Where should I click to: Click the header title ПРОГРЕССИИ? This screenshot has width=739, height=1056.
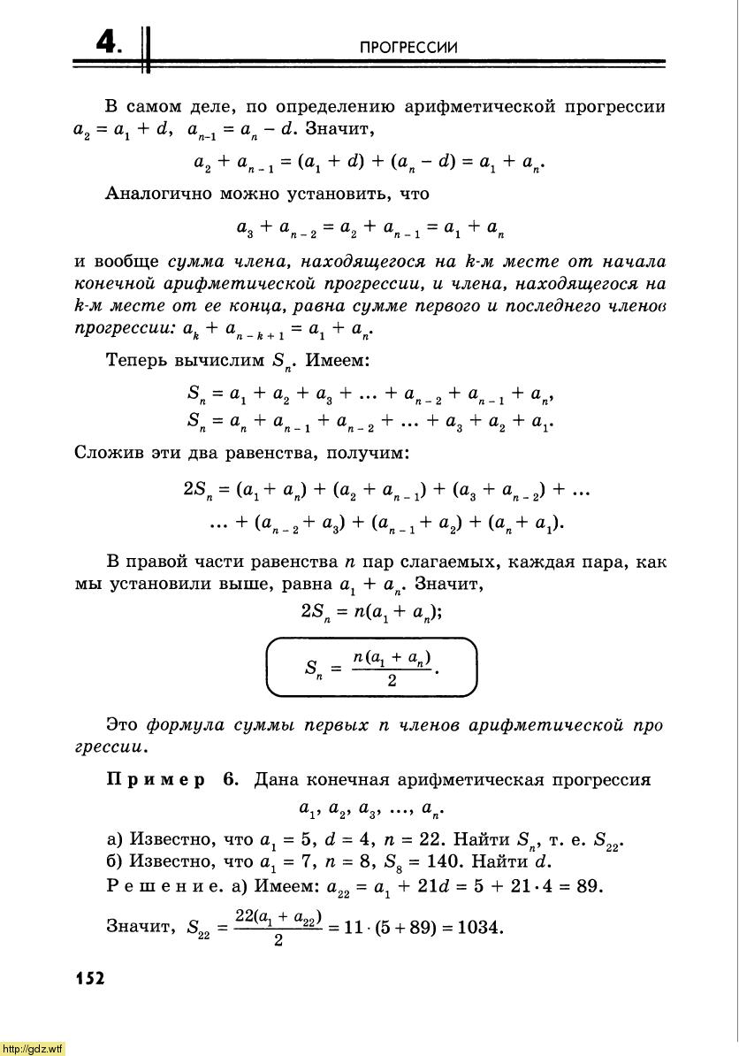(409, 47)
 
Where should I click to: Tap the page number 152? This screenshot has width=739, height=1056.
(90, 977)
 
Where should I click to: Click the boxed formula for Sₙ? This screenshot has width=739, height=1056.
(371, 668)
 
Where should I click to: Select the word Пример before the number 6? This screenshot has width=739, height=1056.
(156, 780)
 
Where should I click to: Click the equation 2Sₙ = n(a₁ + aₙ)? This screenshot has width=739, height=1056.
(371, 610)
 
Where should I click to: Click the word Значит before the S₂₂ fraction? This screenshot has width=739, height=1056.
(137, 928)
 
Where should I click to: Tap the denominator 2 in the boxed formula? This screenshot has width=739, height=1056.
(392, 682)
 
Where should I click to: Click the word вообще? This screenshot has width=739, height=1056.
(128, 262)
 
